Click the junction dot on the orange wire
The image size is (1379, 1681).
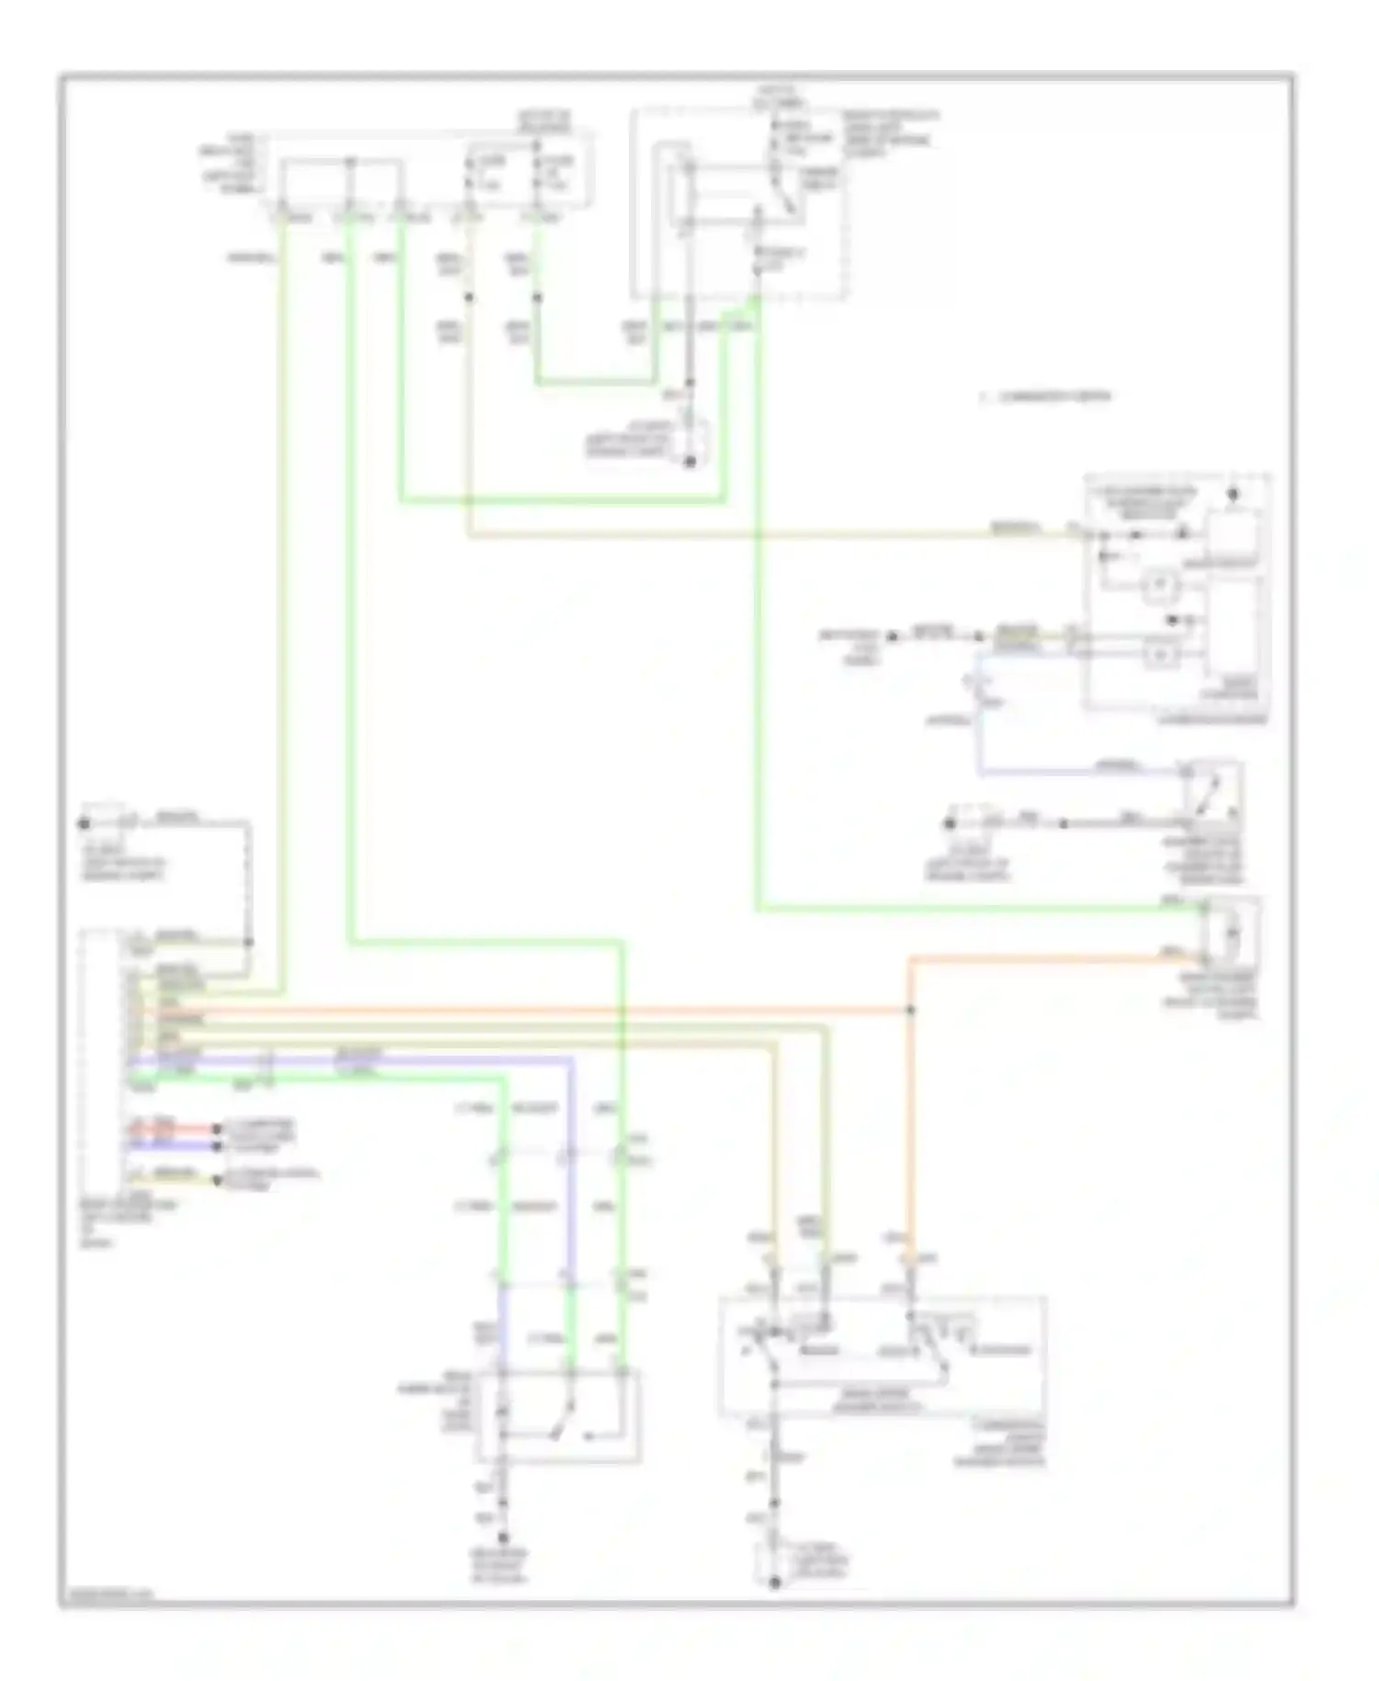pos(911,1010)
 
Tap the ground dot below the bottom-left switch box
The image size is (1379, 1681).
pos(503,1537)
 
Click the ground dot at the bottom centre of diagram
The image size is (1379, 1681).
pos(774,1583)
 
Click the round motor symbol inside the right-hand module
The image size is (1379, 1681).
pos(1160,582)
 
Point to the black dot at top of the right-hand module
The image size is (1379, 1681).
pos(1233,494)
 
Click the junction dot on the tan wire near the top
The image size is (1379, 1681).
pos(469,298)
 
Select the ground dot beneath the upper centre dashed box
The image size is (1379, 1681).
pos(689,462)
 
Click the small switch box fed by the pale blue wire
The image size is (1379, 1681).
pos(1213,790)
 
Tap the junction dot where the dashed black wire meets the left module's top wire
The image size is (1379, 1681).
pos(247,942)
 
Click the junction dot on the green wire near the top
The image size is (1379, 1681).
pos(537,298)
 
